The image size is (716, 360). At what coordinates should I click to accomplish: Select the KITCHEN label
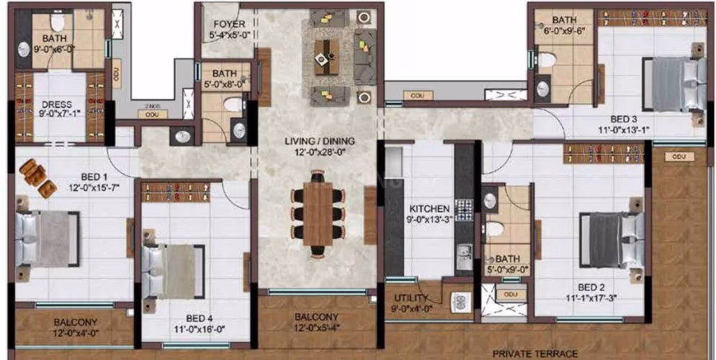click(x=429, y=208)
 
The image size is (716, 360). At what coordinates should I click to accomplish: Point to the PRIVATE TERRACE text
click(x=535, y=354)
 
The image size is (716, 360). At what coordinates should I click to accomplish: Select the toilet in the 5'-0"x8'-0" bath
click(x=232, y=106)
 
